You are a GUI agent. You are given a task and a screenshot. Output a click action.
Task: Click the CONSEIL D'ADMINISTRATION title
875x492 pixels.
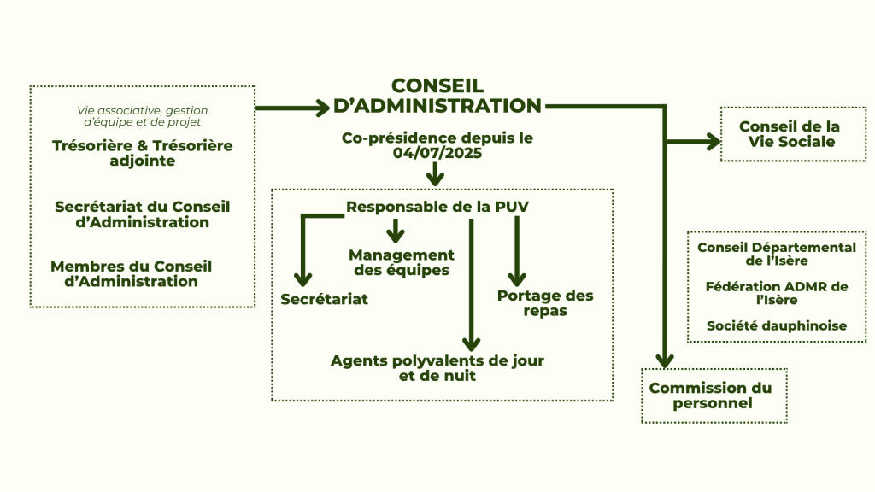coord(437,96)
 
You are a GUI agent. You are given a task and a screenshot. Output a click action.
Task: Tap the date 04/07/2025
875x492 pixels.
coord(437,154)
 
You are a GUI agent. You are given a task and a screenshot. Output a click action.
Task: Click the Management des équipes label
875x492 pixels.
coord(401,262)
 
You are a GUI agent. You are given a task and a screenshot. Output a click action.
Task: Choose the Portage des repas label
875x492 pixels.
coord(544,303)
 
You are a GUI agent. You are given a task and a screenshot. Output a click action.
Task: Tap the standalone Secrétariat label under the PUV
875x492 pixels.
coord(324,299)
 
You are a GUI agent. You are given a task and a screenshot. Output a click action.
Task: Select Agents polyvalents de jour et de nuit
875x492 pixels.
coord(437,367)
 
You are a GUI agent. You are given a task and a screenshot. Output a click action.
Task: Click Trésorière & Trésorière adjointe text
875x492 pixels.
coord(142,153)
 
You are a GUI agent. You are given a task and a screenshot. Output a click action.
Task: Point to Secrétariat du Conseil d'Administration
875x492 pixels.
coord(142,214)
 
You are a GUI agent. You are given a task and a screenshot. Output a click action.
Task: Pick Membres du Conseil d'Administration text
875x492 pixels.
coord(131,273)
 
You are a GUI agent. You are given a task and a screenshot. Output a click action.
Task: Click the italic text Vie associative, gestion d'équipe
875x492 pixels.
coord(142,115)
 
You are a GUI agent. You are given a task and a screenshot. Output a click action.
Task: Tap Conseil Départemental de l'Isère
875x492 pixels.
coord(776,254)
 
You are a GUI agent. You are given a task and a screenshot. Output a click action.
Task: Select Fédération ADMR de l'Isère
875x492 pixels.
coord(776,293)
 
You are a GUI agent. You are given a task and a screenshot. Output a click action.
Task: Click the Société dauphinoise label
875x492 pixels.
coord(776,325)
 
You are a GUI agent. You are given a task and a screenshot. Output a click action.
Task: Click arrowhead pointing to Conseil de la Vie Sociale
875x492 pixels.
coord(713,142)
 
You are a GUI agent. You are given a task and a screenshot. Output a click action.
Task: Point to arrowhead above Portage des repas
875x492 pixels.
coord(516,278)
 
